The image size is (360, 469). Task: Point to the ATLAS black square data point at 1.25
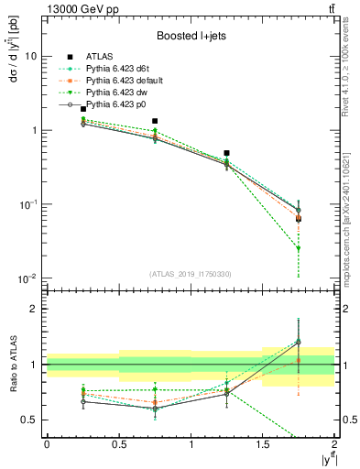click(226, 153)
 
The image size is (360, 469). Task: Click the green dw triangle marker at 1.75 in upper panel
click(299, 248)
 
